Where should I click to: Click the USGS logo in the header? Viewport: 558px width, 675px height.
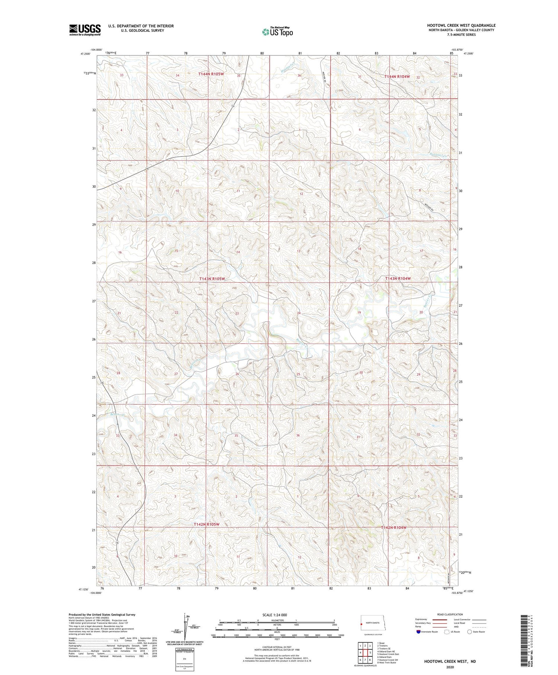(x=85, y=30)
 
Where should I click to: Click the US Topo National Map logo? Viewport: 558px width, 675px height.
(x=277, y=32)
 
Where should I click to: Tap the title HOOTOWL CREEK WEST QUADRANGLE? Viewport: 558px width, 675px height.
(x=461, y=25)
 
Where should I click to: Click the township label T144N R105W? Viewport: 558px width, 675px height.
(x=211, y=74)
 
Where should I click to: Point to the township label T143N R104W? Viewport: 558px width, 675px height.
(x=398, y=278)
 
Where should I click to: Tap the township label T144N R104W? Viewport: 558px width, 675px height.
(x=397, y=77)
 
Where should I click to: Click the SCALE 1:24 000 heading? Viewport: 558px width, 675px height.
(x=275, y=615)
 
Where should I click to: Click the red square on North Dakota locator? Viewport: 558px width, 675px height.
(x=361, y=625)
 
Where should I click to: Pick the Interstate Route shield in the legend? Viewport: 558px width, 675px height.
(x=419, y=632)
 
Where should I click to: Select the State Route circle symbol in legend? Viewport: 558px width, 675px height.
(x=469, y=631)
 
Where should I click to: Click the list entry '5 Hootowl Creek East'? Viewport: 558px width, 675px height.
(x=388, y=654)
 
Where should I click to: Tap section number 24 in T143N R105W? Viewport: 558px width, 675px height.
(x=298, y=313)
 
